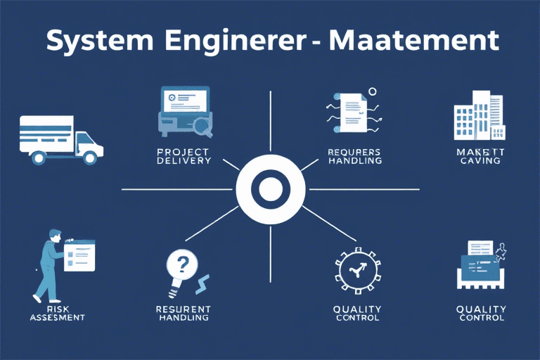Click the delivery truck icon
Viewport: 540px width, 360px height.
click(59, 139)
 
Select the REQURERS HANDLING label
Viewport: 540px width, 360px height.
click(354, 156)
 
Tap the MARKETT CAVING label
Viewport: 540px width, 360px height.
click(480, 156)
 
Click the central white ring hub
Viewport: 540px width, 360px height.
click(270, 189)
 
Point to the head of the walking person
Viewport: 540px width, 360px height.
click(55, 236)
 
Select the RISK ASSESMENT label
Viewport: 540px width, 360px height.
click(58, 313)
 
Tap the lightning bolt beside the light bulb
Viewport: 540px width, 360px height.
click(202, 283)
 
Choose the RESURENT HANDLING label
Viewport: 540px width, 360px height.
click(184, 313)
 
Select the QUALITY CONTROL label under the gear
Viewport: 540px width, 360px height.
click(357, 313)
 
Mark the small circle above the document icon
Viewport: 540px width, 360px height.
click(373, 91)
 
